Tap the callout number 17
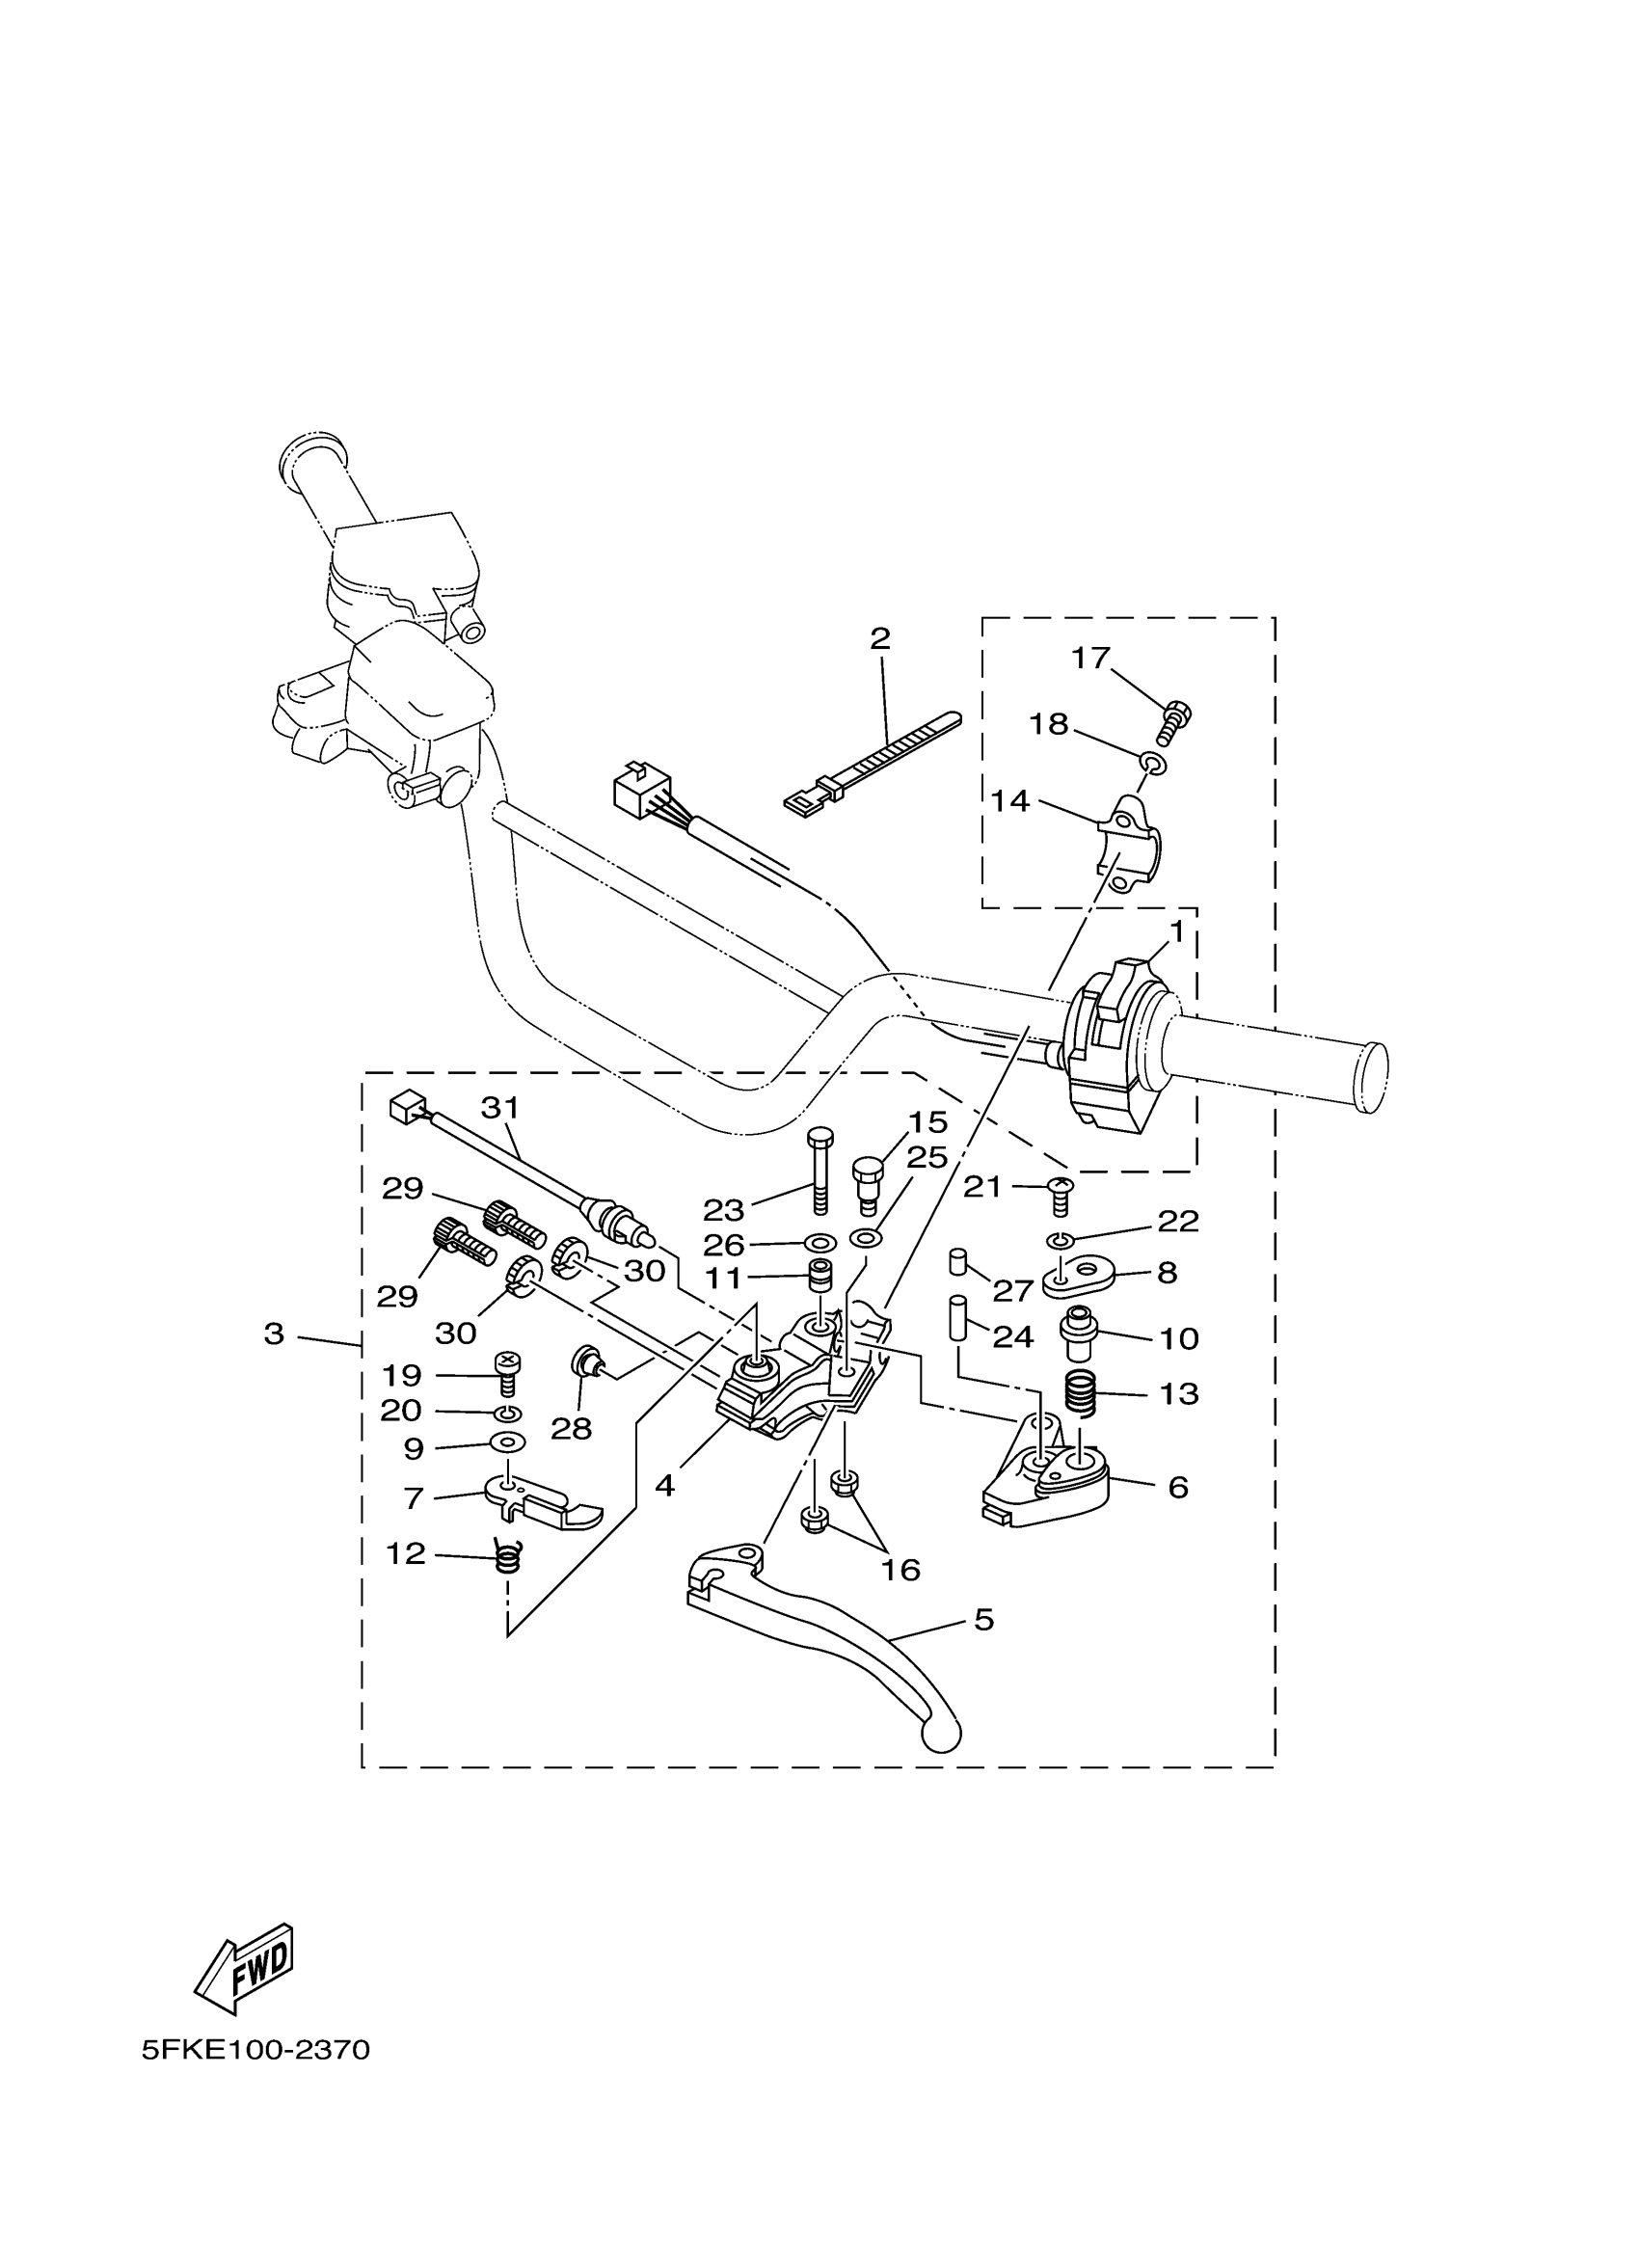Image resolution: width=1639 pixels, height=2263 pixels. tap(1090, 659)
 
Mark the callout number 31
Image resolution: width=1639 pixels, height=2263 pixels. tap(500, 1108)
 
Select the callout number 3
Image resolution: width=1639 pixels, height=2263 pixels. tap(275, 1334)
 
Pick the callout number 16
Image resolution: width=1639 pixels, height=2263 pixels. tap(900, 1570)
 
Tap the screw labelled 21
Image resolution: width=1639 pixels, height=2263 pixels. tap(1061, 1194)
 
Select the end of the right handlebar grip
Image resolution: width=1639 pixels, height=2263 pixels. tap(1372, 1078)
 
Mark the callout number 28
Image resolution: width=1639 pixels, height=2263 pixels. tap(572, 1429)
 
